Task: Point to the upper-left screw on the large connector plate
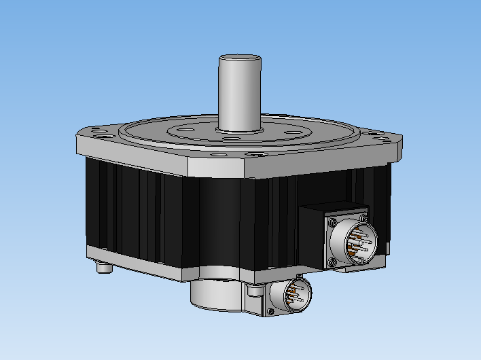click(x=332, y=224)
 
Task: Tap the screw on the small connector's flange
click(x=270, y=311)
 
